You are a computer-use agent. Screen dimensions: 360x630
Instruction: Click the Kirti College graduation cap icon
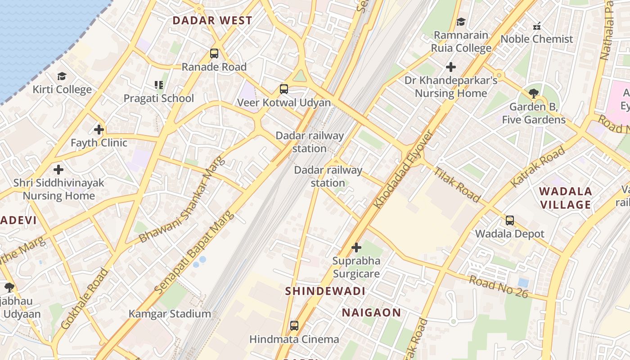point(62,76)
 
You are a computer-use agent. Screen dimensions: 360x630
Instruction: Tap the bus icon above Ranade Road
point(214,54)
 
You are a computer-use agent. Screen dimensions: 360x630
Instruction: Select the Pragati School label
point(159,98)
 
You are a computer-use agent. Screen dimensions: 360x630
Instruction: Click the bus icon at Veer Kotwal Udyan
point(284,89)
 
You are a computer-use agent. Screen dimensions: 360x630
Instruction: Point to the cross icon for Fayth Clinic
point(99,130)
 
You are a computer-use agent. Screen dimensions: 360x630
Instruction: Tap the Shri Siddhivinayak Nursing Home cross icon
point(58,170)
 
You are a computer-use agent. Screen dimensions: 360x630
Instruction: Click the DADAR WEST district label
point(212,21)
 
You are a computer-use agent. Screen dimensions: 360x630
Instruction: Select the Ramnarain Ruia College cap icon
point(461,22)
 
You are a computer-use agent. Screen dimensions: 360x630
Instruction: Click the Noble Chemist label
point(537,39)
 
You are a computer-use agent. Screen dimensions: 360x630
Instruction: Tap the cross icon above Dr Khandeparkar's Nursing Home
point(451,67)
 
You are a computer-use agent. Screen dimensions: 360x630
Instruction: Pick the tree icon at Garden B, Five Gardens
point(534,94)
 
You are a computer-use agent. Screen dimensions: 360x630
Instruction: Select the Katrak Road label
point(538,167)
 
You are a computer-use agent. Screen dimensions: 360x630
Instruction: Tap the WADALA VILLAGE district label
point(566,198)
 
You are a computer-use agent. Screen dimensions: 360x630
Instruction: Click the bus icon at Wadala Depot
point(510,220)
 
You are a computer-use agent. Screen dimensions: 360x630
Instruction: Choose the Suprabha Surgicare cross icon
point(356,247)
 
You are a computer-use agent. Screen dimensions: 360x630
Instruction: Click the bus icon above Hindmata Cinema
point(294,326)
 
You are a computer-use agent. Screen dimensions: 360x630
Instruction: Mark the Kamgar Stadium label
point(170,314)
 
